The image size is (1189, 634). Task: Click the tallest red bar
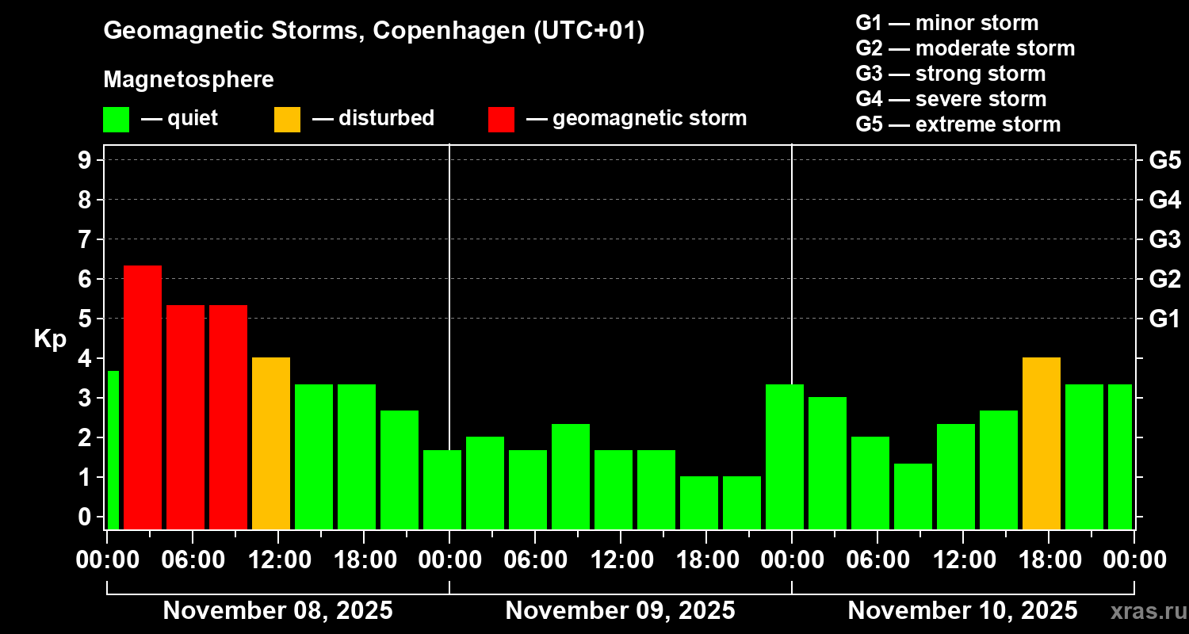pos(143,396)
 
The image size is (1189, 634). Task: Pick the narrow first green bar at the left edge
pos(113,449)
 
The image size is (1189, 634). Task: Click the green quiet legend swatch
pos(116,119)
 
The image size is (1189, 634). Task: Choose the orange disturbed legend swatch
pos(287,119)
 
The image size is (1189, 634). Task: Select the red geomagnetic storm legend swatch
pos(501,119)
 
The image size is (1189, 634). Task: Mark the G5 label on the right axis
pos(1164,161)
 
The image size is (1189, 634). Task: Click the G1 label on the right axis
pos(1164,319)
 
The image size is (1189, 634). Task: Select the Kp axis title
pos(50,338)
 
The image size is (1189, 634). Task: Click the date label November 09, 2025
pos(620,611)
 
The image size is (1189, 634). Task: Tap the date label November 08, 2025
pos(277,611)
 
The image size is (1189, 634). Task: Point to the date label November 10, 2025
pos(962,611)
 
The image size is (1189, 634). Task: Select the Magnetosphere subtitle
pos(189,79)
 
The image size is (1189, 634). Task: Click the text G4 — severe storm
pos(950,99)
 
